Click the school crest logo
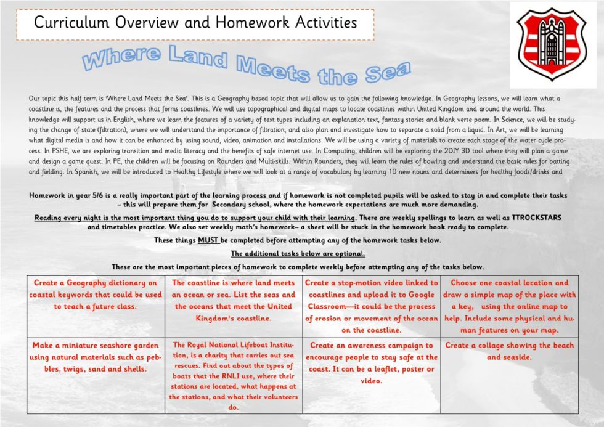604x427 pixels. tap(552, 44)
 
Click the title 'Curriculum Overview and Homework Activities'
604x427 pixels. tap(195, 23)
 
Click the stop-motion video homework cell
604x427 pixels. tap(371, 306)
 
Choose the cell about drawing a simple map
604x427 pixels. tap(509, 306)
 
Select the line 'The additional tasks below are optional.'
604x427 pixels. tap(298, 253)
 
